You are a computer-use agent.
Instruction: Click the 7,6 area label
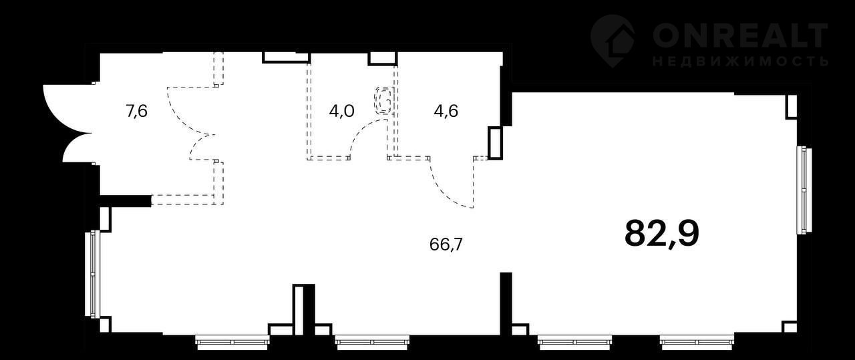136,112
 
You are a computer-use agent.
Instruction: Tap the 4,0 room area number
341,112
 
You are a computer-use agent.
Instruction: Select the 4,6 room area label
446,112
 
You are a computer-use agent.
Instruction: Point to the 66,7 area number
446,244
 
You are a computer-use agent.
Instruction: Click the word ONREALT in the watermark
740,35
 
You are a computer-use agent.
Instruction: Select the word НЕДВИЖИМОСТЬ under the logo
740,61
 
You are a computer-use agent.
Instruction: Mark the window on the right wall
804,190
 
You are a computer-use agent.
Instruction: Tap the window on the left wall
92,274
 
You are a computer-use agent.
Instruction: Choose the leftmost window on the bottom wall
232,342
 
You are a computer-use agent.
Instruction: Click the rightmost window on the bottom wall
697,342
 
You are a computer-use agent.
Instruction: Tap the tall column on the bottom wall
303,310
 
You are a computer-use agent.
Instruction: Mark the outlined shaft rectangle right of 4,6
496,143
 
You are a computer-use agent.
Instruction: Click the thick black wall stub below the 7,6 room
125,201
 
